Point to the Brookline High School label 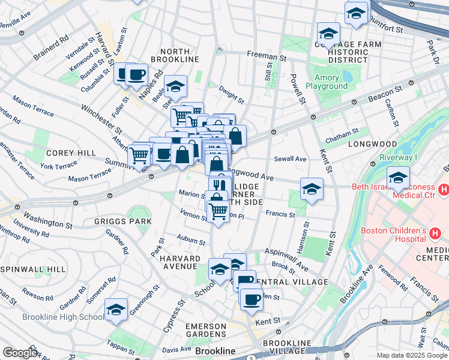(x=62, y=317)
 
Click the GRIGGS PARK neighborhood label (x=122, y=221)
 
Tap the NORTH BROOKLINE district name (x=175, y=55)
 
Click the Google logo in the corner (x=20, y=353)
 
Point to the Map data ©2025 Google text (x=412, y=355)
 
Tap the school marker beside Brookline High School (x=116, y=310)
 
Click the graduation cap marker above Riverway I (x=397, y=178)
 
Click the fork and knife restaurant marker (x=220, y=185)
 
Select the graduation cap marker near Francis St (x=312, y=189)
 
